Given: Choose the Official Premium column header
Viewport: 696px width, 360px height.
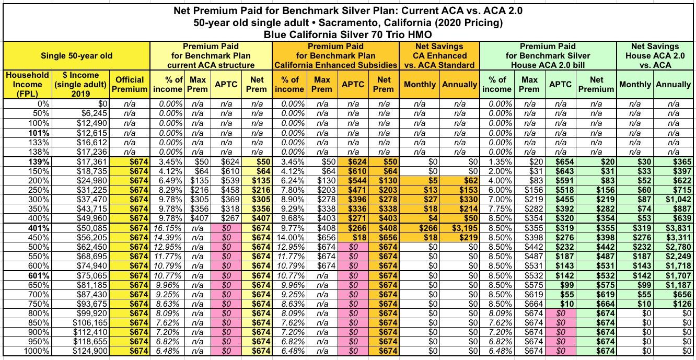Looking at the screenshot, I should (x=130, y=84).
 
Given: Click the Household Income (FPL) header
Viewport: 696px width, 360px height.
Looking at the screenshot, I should (x=27, y=84).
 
